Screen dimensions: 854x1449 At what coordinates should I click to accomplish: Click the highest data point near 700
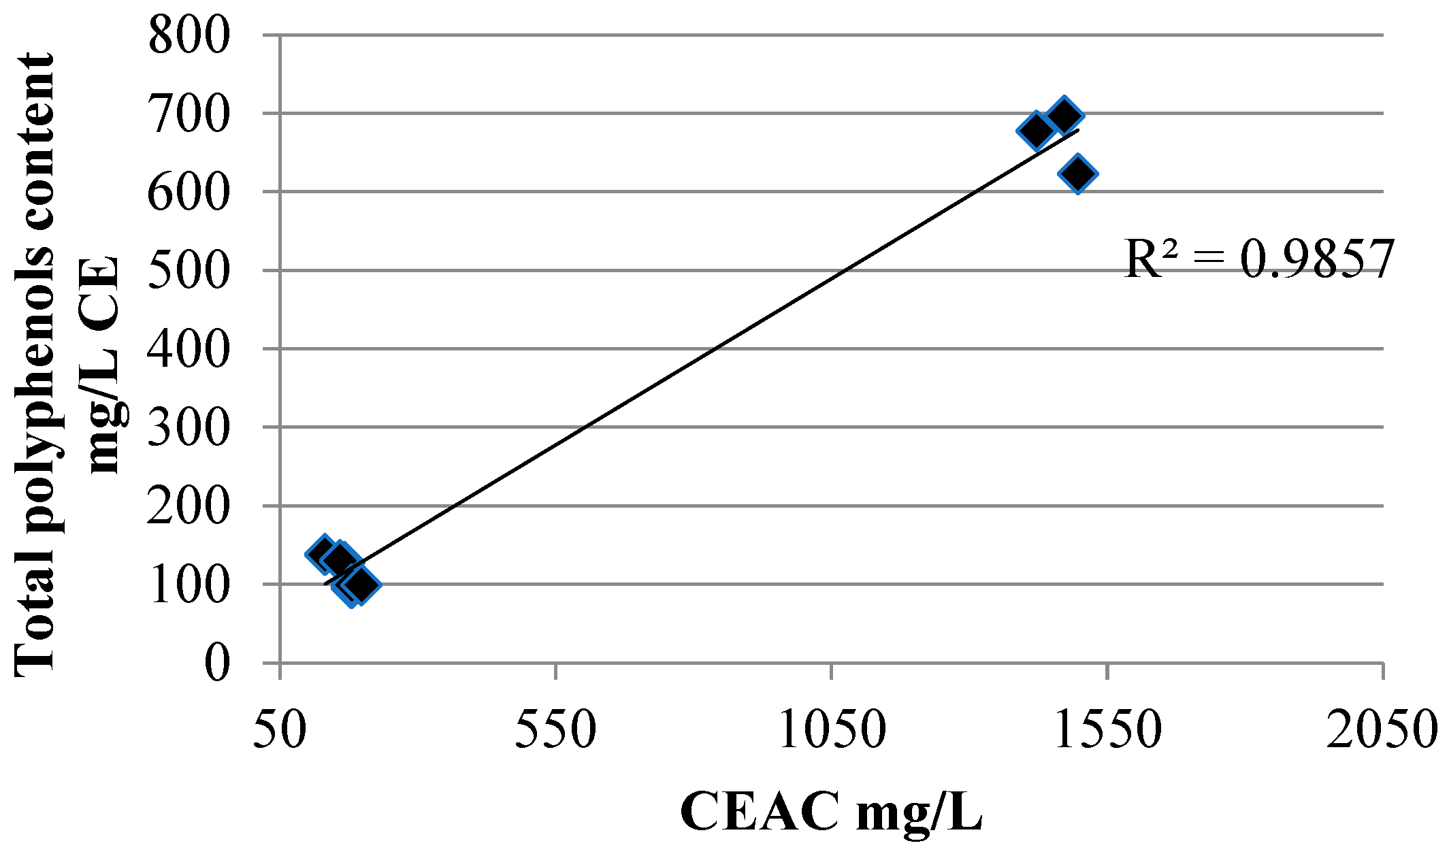coord(1064,115)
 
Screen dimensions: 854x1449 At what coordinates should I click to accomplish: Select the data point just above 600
coord(1078,174)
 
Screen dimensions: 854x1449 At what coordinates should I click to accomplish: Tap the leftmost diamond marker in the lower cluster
coord(324,553)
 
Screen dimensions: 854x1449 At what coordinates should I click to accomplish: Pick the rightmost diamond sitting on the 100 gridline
coord(361,584)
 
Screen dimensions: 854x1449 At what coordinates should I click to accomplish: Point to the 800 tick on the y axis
coord(189,35)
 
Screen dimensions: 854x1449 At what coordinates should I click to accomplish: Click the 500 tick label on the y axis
coord(189,271)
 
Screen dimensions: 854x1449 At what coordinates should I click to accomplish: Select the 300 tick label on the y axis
coord(189,428)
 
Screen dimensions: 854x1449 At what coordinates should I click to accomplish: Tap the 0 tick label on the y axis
coord(217,663)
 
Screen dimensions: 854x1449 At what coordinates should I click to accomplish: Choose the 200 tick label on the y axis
coord(189,506)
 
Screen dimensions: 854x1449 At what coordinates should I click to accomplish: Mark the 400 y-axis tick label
coord(189,349)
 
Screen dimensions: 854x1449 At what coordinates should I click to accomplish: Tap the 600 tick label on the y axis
coord(189,193)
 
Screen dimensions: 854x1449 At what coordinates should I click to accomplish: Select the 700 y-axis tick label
coord(189,114)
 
